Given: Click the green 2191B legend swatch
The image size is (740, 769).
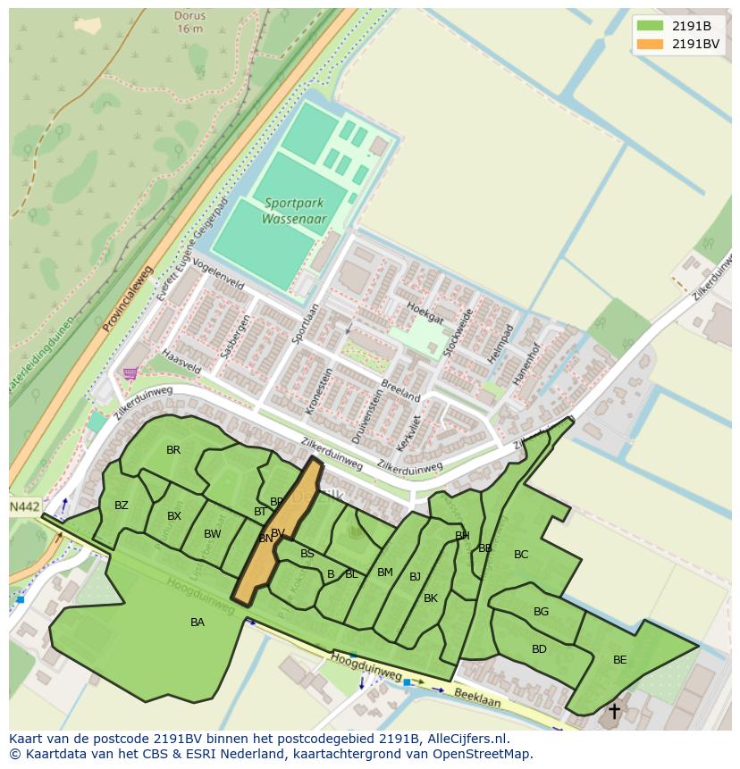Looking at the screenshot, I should [650, 26].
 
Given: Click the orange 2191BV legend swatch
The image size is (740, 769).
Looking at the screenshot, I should [650, 44].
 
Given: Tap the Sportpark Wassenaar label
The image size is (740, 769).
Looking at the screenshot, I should [294, 212].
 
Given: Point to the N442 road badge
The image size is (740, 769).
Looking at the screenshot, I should [25, 506].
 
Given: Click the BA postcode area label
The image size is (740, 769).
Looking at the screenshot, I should [198, 623].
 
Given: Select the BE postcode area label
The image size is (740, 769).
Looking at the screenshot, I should [619, 660].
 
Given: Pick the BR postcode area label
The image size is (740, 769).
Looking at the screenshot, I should [173, 450].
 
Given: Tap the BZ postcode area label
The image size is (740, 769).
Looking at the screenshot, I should [122, 506].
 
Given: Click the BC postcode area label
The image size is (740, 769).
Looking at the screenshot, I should [521, 555].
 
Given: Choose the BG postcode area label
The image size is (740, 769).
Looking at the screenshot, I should [541, 612].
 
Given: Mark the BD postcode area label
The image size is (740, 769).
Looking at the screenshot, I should [539, 649].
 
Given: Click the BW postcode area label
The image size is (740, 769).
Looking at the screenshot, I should [212, 534].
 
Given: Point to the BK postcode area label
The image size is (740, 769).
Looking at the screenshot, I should [431, 598].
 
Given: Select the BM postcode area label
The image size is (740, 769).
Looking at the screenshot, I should [385, 573].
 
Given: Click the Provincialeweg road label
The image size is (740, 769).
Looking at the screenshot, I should [128, 299].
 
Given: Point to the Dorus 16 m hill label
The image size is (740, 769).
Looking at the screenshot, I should [190, 22].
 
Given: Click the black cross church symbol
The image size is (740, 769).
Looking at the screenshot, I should [614, 711].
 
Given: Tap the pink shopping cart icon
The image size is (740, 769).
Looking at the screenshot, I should [131, 373].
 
